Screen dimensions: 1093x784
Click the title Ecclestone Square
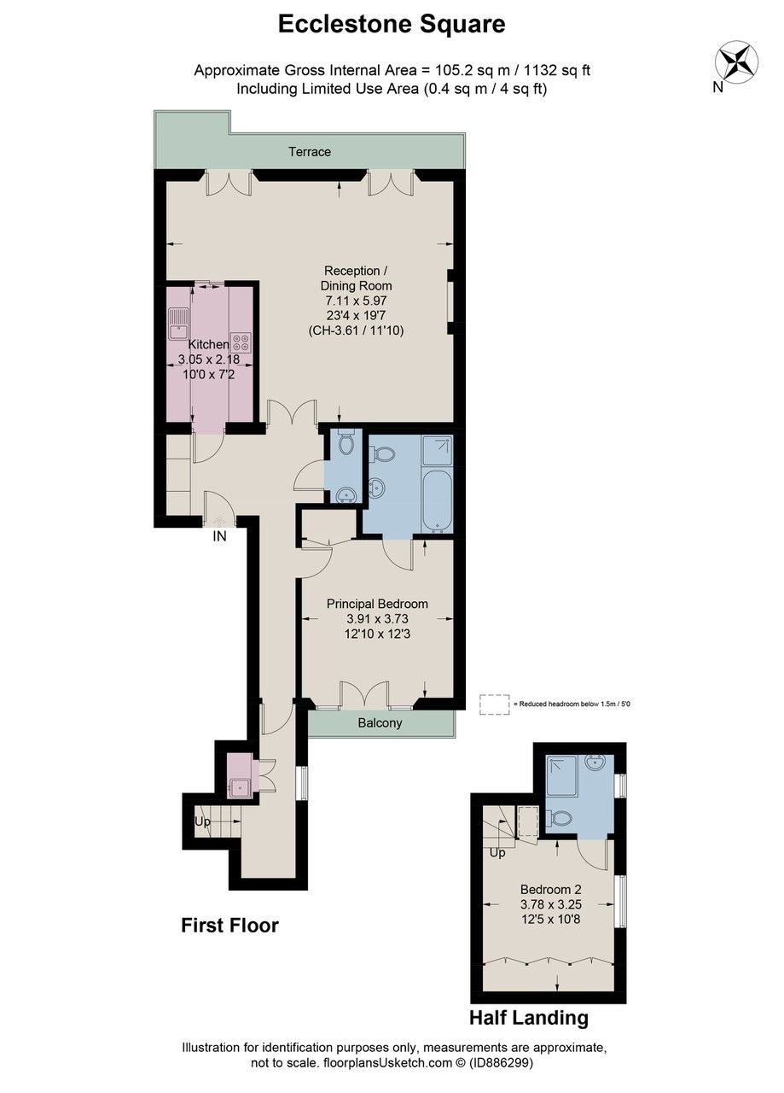point(392,25)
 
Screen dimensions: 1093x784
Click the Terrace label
point(309,152)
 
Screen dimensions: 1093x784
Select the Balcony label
point(380,723)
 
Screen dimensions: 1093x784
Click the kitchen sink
point(180,322)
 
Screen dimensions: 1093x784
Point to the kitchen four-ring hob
point(241,342)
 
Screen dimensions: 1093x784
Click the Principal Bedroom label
point(377,604)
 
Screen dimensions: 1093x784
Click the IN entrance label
point(219,537)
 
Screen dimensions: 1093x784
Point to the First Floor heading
point(229,926)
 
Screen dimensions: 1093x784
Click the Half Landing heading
point(528,1018)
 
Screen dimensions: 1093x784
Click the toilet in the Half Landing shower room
point(560,819)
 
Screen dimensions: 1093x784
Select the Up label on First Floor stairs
point(202,821)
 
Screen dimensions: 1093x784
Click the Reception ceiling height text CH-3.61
point(357,330)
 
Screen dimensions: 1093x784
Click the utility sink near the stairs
point(240,786)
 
